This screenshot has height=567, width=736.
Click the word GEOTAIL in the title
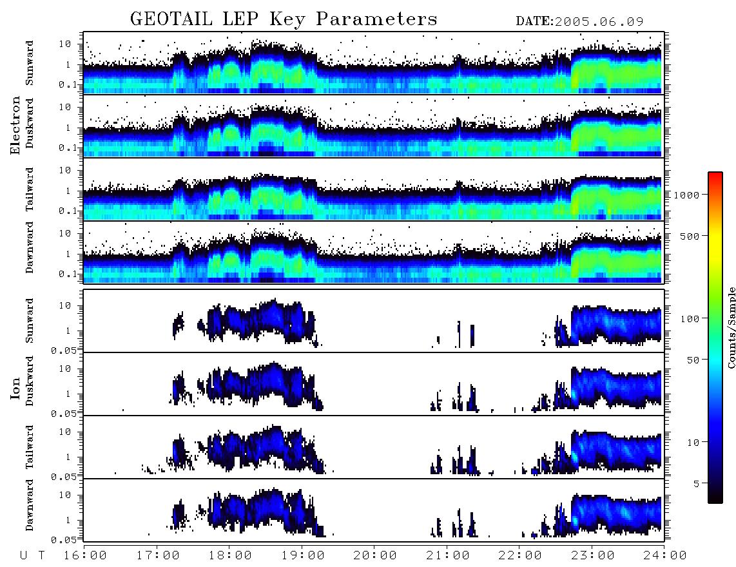pos(171,19)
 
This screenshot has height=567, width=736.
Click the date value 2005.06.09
pos(599,22)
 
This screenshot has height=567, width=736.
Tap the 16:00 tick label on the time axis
pos(85,556)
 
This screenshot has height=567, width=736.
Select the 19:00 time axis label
pos(303,556)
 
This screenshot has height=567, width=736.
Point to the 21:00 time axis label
pos(448,556)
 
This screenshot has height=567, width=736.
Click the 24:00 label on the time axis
pos(664,556)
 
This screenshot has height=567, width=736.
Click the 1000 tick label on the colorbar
pos(686,195)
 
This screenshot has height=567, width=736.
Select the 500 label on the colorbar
pos(690,236)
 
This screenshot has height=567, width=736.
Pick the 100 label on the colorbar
pos(690,319)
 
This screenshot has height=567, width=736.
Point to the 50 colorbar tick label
pos(693,360)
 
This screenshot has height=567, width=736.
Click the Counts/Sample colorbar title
pos(731,327)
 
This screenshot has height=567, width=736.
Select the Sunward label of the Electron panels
pos(29,63)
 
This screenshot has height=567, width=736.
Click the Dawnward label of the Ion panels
pos(29,505)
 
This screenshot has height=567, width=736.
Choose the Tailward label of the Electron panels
pos(29,189)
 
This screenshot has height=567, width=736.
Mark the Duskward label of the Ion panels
pos(29,381)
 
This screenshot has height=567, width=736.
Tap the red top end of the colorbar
pos(715,174)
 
